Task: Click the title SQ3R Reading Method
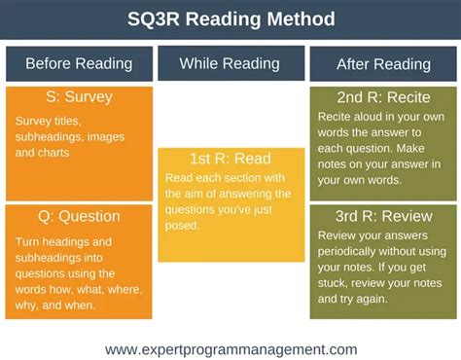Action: coord(230,18)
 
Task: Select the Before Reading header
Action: coord(78,64)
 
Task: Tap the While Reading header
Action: coord(230,64)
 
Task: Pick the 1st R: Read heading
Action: coord(230,159)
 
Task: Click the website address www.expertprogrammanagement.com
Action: coord(230,348)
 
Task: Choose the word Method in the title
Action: coord(301,18)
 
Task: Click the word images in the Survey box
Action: coord(109,137)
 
